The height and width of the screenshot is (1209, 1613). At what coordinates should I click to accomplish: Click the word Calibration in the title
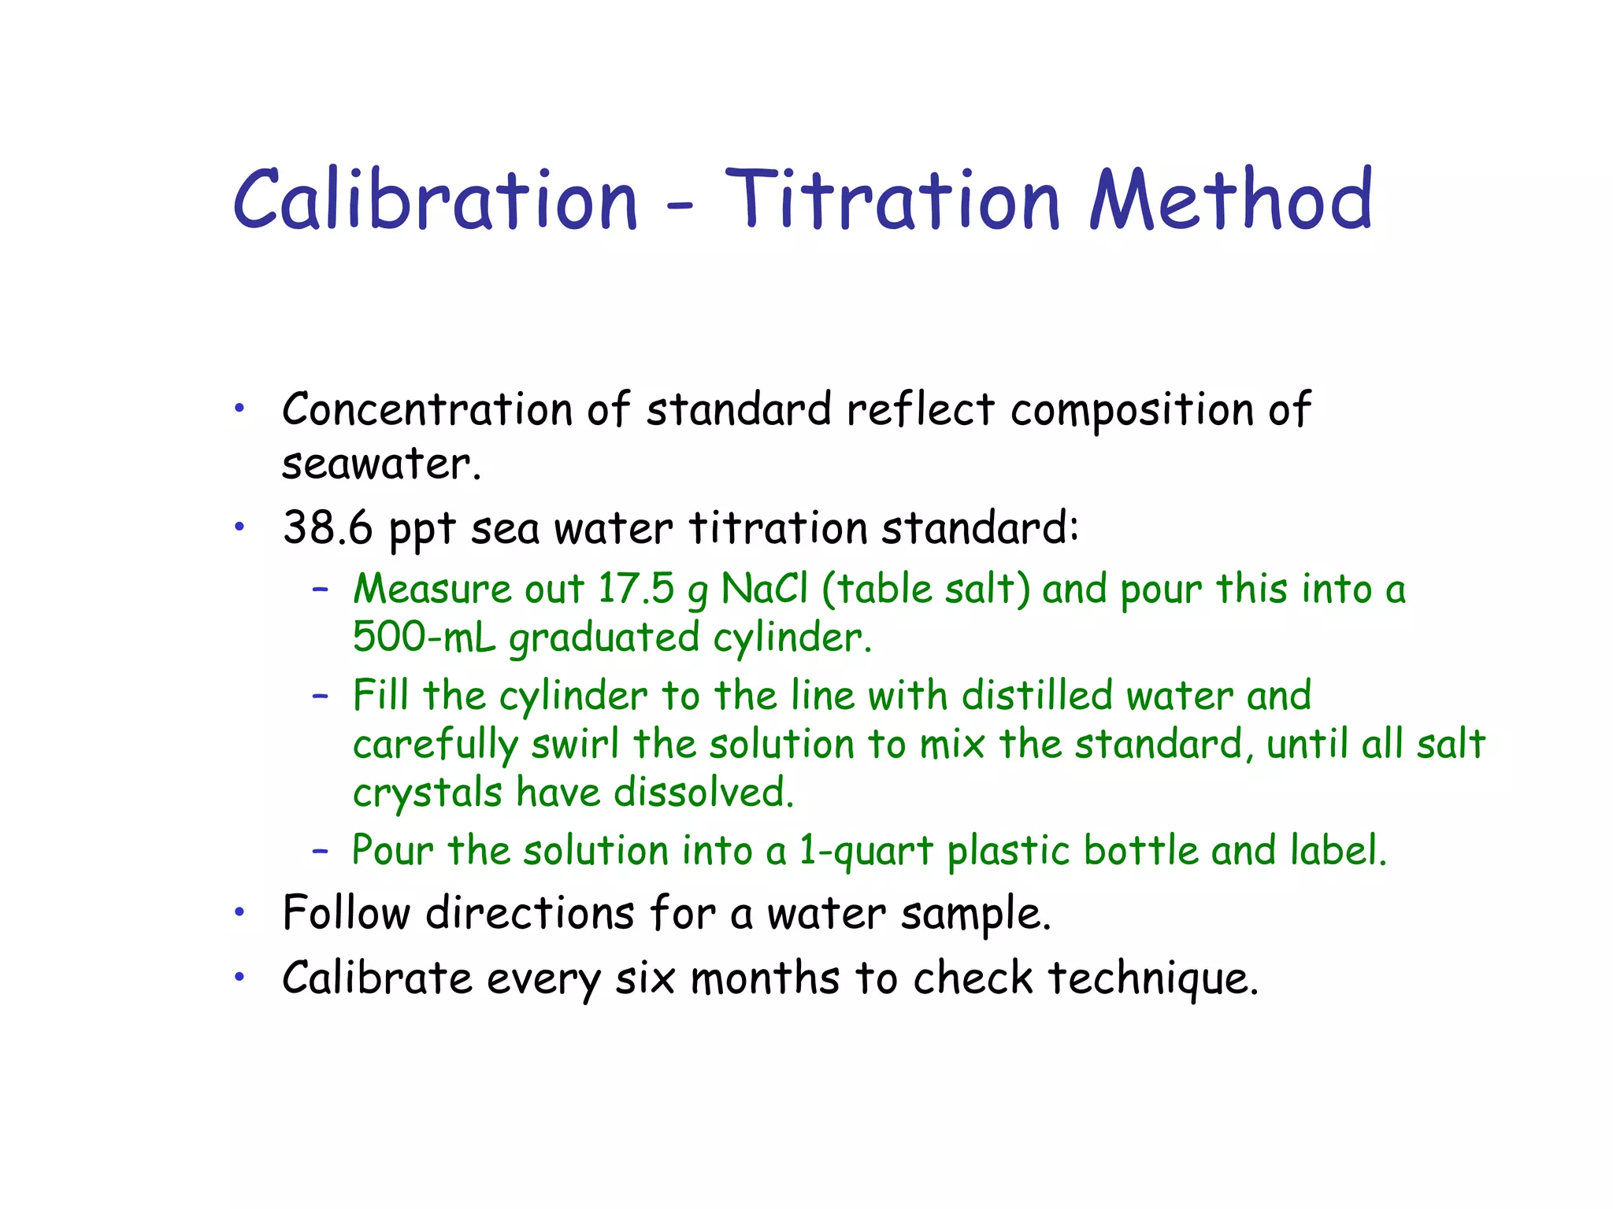435,201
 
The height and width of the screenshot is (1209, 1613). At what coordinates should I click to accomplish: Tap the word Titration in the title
892,201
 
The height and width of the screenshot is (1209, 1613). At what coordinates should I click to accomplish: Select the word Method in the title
1230,201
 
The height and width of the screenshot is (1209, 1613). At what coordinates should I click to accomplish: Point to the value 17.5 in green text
636,589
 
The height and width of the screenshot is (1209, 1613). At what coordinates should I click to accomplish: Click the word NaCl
765,589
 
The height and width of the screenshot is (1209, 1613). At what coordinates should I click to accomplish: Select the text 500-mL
424,637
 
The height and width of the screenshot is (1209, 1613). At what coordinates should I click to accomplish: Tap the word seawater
380,464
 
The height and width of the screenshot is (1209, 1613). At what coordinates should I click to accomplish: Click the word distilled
1037,696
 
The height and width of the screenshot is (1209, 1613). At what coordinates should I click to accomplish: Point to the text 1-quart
866,851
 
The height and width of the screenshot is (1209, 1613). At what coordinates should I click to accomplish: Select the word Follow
347,914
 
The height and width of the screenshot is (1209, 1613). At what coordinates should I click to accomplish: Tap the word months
765,978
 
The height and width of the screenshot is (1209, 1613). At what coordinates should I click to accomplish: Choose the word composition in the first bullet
1132,410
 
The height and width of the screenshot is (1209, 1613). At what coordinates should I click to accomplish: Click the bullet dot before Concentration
240,408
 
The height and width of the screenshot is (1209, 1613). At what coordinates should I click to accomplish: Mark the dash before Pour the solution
320,851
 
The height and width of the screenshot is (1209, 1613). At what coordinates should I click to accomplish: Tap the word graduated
604,638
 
